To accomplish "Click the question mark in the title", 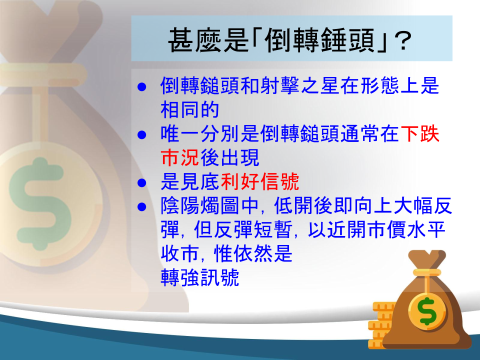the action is click(402, 40).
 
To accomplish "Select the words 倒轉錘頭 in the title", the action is click(319, 40).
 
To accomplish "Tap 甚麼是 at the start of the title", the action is click(208, 40).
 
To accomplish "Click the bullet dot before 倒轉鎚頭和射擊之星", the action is click(141, 87).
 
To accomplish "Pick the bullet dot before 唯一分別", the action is click(141, 134).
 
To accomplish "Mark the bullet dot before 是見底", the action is click(141, 183).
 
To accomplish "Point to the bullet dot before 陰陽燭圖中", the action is click(141, 206).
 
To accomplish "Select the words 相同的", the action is click(190, 109).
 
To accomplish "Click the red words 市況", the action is click(180, 157).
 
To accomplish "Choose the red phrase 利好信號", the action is click(259, 181).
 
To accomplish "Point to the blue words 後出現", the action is click(230, 157).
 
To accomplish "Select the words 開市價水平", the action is click(396, 229).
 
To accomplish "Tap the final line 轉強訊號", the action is click(199, 277).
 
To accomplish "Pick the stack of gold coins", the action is click(381, 324).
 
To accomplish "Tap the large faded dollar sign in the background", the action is click(40, 203).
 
